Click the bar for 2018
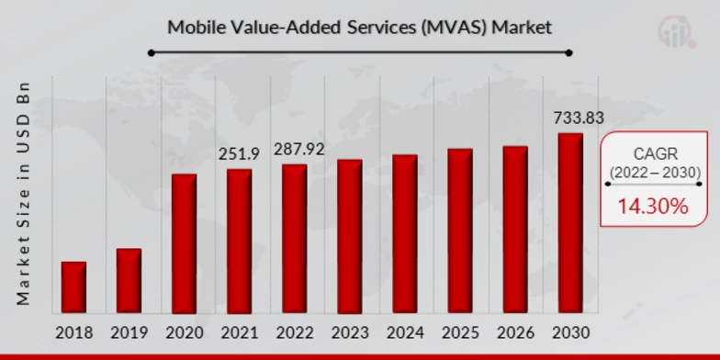tap(73, 287)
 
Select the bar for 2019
tap(129, 281)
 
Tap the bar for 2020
tap(184, 243)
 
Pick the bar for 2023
tap(349, 237)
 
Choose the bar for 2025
tap(460, 231)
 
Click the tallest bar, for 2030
tap(570, 223)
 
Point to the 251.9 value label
tap(239, 154)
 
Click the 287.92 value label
tap(294, 150)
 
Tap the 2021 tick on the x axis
tap(239, 332)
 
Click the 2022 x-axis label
tap(294, 332)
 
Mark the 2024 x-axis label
tap(405, 332)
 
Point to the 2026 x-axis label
tap(515, 332)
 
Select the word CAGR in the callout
tap(655, 153)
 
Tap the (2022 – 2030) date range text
tap(655, 172)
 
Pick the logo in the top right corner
tap(678, 30)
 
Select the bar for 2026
tap(515, 230)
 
